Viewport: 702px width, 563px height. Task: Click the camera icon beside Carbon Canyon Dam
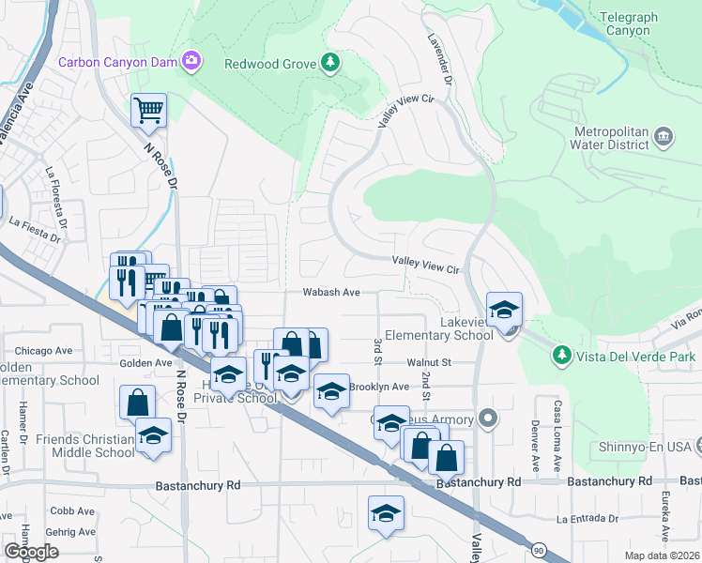click(192, 62)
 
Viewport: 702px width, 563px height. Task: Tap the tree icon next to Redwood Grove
click(329, 63)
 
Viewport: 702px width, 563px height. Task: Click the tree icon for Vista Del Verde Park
click(561, 356)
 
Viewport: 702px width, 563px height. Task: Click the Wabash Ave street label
click(331, 293)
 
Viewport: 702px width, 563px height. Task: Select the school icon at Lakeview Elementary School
click(504, 310)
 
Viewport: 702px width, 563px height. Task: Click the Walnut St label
click(429, 361)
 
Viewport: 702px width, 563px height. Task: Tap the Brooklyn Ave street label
click(379, 387)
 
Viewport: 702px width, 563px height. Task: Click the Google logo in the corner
click(31, 551)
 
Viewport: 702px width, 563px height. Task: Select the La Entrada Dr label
click(589, 518)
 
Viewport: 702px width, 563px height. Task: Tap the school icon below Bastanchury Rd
click(385, 513)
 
